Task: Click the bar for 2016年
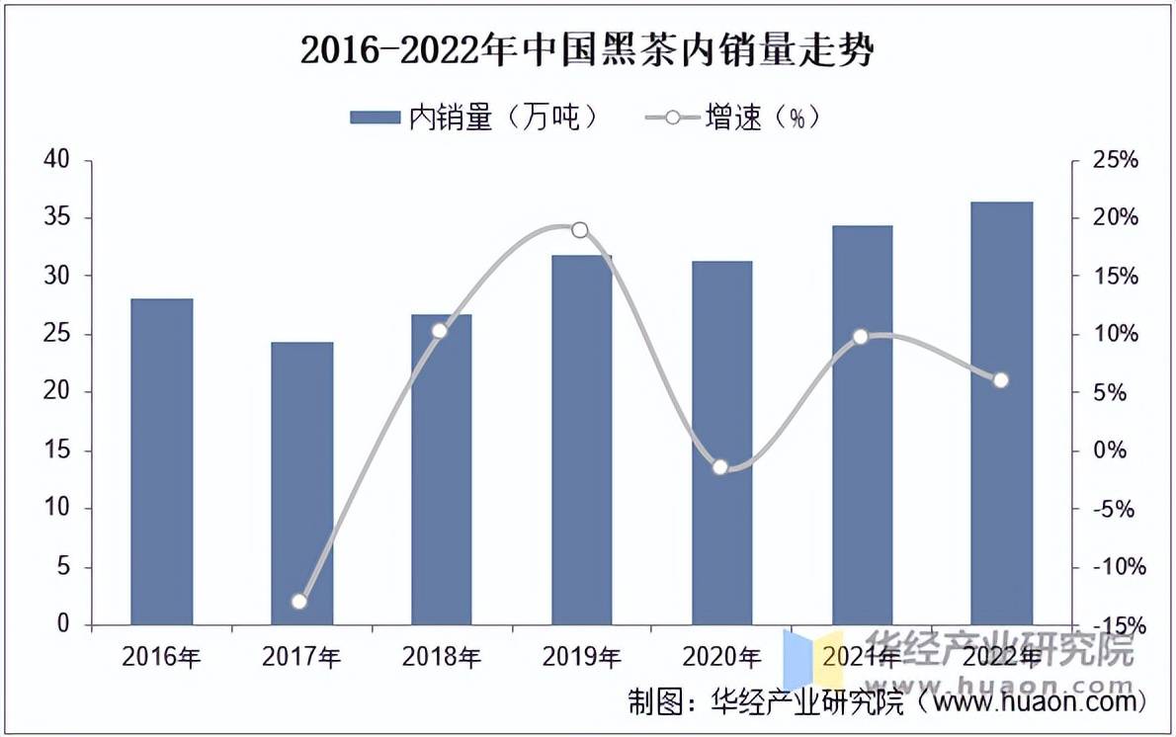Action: point(161,461)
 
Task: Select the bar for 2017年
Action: point(301,483)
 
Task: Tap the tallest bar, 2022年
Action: point(1001,413)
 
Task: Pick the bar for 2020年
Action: point(721,443)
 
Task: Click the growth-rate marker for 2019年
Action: point(580,230)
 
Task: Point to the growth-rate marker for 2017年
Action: point(299,602)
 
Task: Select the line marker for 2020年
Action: point(720,467)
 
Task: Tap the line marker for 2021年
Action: point(860,337)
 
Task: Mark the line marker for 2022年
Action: point(1001,380)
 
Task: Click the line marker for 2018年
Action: point(440,330)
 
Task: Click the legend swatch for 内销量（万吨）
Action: point(376,119)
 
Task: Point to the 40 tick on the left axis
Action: point(60,160)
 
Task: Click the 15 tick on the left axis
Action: point(60,450)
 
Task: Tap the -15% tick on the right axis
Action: point(1113,625)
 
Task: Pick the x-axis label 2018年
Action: point(441,656)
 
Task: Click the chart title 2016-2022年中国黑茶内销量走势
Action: point(587,50)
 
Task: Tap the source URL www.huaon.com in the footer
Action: point(1038,702)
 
